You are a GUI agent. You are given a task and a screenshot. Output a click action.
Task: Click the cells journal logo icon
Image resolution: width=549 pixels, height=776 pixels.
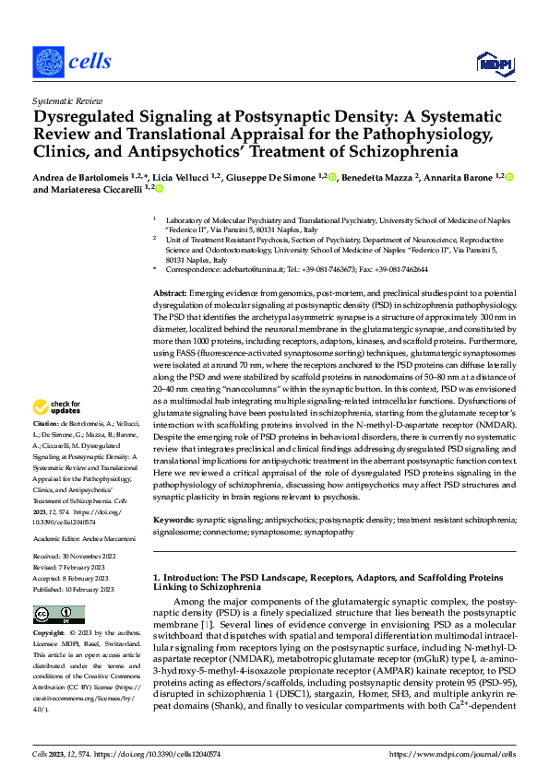click(48, 62)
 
